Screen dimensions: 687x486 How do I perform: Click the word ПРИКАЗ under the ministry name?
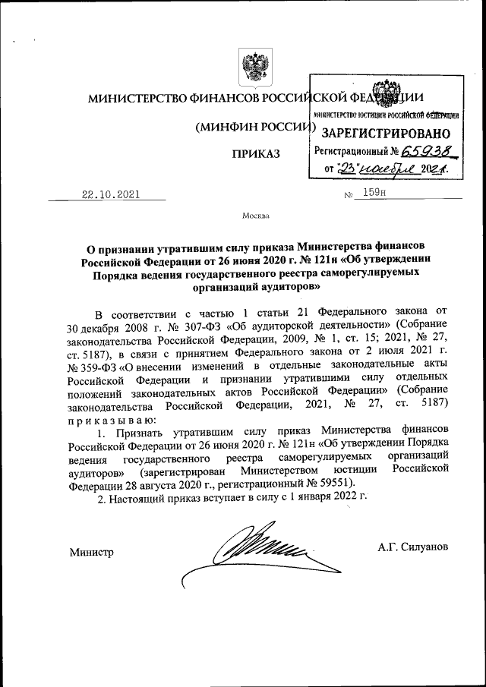click(x=256, y=154)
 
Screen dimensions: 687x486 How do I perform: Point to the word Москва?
click(x=255, y=216)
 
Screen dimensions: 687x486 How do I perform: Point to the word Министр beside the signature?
click(x=91, y=552)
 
